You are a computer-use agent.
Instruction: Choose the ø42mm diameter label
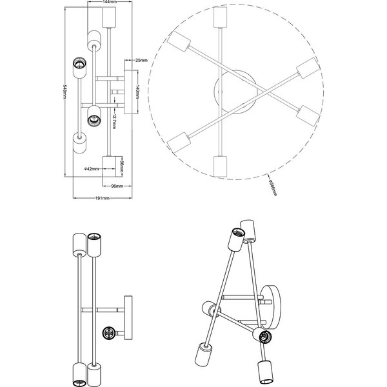coord(92,169)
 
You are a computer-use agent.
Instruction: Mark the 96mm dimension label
coord(117,186)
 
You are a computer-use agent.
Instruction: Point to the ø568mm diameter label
coord(273,186)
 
